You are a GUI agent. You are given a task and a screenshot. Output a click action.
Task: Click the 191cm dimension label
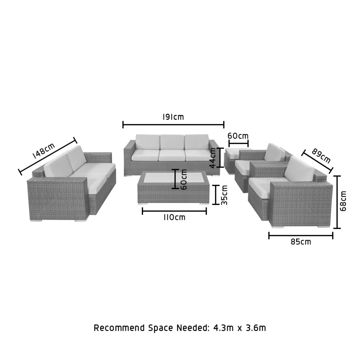173,117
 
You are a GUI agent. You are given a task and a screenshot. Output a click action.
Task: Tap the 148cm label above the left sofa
44,151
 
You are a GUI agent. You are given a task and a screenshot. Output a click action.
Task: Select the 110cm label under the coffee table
174,217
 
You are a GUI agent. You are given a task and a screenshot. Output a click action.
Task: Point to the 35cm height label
224,195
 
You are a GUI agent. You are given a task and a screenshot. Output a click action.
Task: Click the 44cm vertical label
213,158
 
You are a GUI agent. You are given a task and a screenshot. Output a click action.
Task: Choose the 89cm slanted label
321,156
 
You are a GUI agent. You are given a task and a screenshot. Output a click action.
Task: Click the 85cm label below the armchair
301,242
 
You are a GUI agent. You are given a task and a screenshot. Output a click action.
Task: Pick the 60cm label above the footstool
238,136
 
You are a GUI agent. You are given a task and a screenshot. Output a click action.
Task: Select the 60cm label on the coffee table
184,180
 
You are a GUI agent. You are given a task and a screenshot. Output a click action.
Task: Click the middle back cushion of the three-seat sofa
172,142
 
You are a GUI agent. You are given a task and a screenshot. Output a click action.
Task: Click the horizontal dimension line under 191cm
173,125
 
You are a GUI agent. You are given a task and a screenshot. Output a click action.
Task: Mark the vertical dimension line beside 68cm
337,202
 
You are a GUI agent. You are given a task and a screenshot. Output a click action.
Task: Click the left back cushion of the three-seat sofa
147,142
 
